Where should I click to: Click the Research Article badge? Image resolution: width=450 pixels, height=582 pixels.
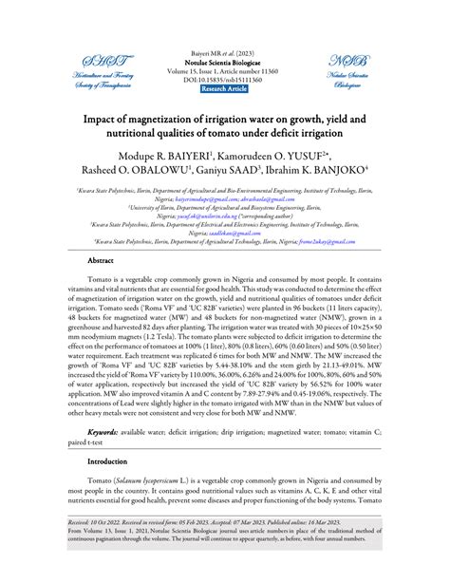tap(224, 87)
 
